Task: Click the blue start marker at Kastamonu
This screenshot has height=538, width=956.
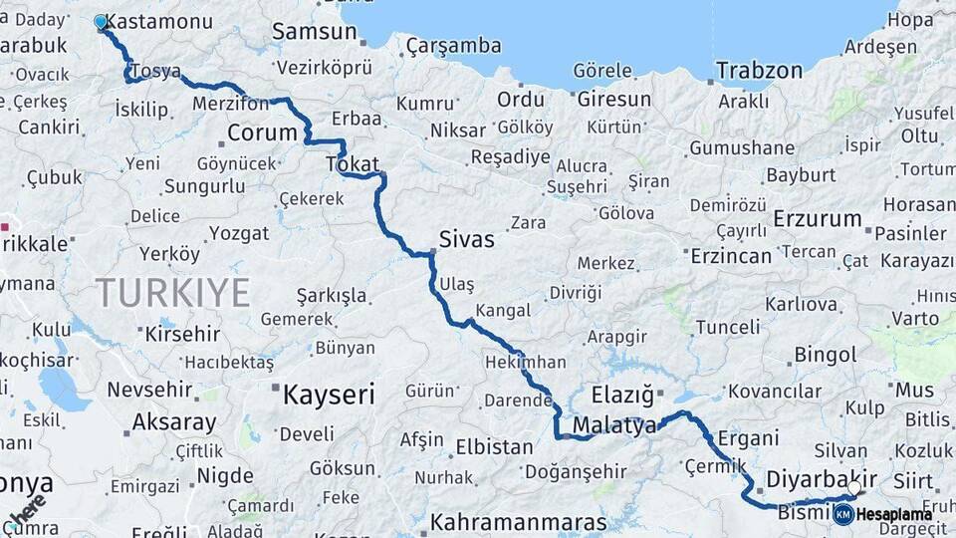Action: (101, 22)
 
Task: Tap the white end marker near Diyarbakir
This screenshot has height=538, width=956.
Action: (853, 488)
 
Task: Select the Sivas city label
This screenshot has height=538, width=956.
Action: (466, 239)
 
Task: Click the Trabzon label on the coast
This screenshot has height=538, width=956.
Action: (759, 71)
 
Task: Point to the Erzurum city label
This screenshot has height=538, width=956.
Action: (818, 219)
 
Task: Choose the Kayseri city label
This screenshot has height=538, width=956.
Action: (329, 394)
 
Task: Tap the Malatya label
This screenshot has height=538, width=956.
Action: (615, 425)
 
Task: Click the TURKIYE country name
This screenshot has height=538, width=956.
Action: (172, 292)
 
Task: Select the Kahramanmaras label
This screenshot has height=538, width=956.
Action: (518, 522)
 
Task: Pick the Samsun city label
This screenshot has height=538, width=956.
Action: (314, 32)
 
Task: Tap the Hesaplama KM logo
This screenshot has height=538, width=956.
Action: (883, 514)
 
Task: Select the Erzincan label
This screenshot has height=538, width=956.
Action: (731, 256)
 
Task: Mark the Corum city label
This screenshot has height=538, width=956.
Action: (262, 133)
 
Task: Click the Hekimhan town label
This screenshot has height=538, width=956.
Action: (525, 363)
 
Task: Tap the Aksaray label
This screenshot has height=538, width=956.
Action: (174, 421)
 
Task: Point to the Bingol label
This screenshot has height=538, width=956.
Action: (826, 355)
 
